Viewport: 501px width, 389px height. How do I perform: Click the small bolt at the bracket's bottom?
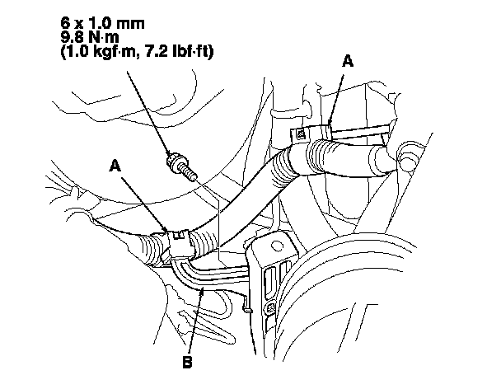click(271, 310)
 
